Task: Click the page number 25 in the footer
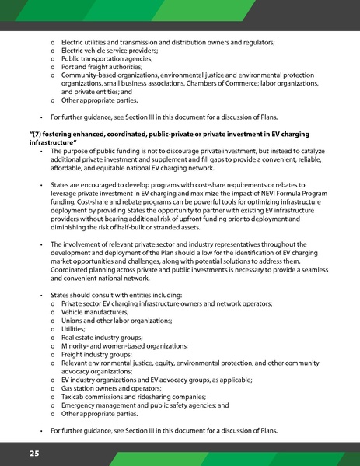click(34, 453)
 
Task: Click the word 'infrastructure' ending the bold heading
click(53, 143)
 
